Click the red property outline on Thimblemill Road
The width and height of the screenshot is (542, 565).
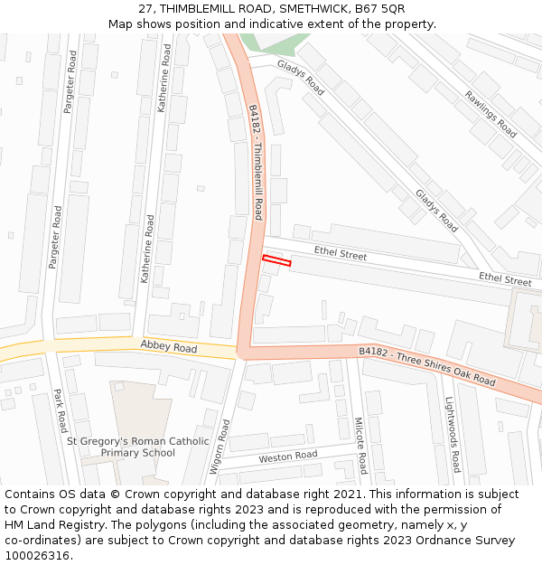point(276,261)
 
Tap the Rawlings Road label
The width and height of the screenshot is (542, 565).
point(491,114)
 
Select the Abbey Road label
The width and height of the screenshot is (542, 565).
point(168,347)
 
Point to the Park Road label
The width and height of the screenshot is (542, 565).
point(60,410)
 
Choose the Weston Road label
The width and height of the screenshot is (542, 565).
point(288,457)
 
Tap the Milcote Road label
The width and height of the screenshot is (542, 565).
point(360,445)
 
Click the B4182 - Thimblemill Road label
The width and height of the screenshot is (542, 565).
point(256,161)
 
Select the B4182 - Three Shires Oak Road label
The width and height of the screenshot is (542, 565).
point(426,366)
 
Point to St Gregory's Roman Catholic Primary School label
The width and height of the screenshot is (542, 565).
point(137,447)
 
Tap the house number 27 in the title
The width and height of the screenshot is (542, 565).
point(145,8)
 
